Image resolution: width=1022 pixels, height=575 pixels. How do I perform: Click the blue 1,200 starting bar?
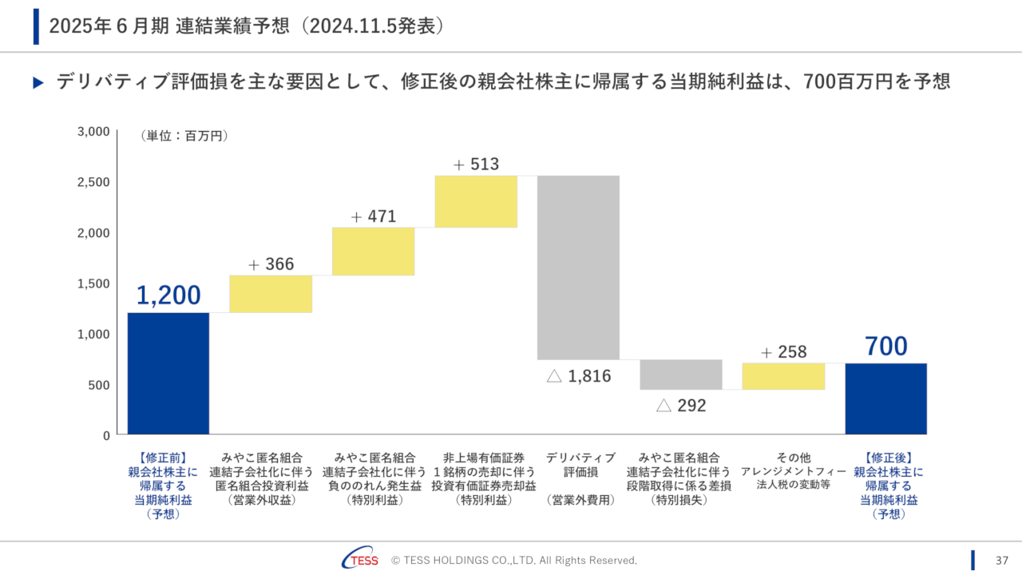pyautogui.click(x=168, y=373)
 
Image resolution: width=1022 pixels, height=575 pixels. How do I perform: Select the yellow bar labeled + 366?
pyautogui.click(x=271, y=294)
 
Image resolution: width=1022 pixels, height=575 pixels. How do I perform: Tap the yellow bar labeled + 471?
pyautogui.click(x=373, y=251)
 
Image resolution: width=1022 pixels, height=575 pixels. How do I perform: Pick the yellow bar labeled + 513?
pyautogui.click(x=476, y=201)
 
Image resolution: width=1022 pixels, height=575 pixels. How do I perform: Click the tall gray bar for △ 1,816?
pyautogui.click(x=578, y=267)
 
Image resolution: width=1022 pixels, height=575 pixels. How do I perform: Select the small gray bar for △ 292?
pyautogui.click(x=681, y=375)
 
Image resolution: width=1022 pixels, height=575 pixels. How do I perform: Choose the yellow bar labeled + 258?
pyautogui.click(x=783, y=376)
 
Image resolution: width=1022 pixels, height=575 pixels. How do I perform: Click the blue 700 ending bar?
pyautogui.click(x=886, y=399)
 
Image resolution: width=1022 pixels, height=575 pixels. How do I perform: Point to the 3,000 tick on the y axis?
pyautogui.click(x=93, y=132)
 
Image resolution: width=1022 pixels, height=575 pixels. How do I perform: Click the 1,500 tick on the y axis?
pyautogui.click(x=93, y=284)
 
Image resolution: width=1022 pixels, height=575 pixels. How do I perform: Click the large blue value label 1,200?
pyautogui.click(x=168, y=295)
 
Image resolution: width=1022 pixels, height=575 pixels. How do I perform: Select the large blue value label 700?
pyautogui.click(x=886, y=347)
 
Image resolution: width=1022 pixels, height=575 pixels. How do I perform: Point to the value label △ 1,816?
pyautogui.click(x=579, y=376)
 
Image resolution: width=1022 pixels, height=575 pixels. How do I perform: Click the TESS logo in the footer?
pyautogui.click(x=360, y=560)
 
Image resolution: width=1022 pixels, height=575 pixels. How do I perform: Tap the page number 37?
pyautogui.click(x=1003, y=560)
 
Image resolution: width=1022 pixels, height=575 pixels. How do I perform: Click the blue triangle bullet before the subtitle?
pyautogui.click(x=38, y=82)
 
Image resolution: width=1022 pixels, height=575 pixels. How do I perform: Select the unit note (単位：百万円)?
pyautogui.click(x=184, y=137)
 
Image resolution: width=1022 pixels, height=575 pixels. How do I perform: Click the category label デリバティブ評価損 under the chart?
pyautogui.click(x=580, y=465)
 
